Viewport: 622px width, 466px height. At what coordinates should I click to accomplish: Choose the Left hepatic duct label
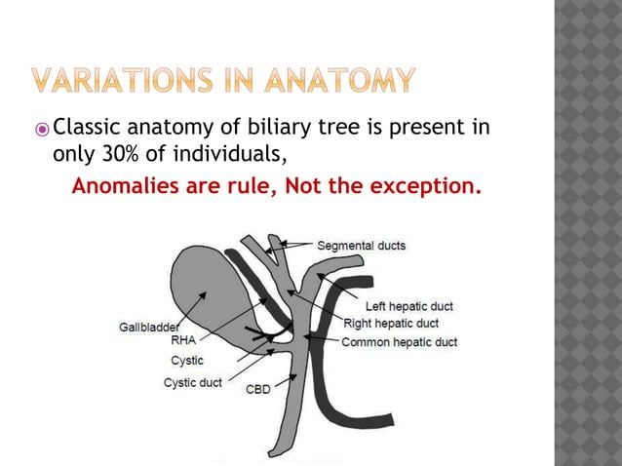(x=408, y=306)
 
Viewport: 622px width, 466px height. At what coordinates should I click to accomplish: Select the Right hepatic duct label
(x=390, y=323)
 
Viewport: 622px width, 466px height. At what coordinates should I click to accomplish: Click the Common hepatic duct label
(x=399, y=341)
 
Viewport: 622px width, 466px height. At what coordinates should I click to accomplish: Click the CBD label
(x=257, y=389)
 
